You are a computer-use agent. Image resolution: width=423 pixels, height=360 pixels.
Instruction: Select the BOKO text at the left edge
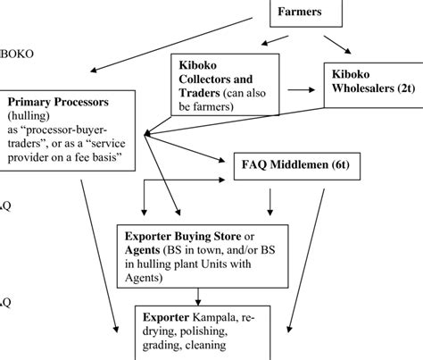[17, 53]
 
